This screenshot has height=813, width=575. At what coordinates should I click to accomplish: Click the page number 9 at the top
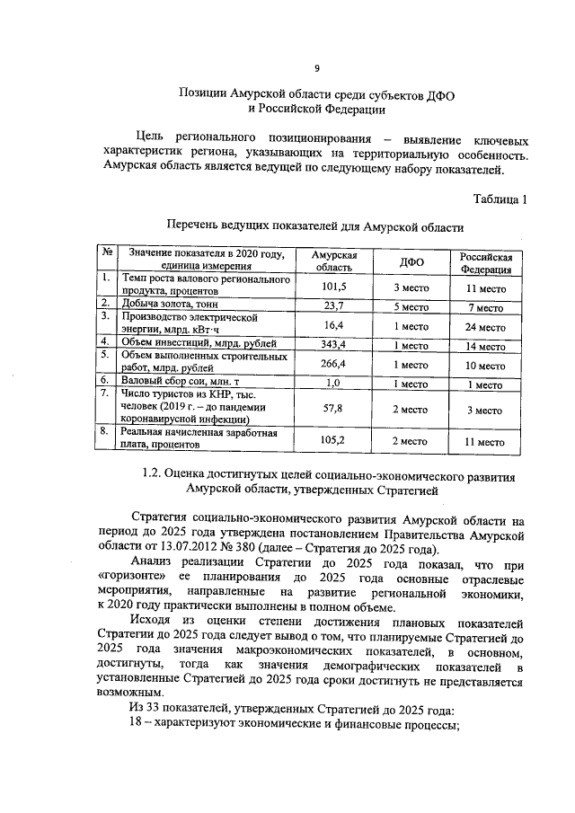[316, 68]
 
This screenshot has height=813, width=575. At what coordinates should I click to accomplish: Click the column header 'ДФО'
[411, 261]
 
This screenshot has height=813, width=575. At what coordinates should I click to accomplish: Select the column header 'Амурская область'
[333, 261]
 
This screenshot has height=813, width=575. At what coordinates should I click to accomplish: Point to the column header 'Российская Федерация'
[486, 261]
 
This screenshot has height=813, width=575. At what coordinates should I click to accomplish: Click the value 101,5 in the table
[333, 287]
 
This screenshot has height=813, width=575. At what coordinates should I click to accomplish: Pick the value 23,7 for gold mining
[333, 306]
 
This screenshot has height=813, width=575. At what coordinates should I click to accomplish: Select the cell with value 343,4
[333, 344]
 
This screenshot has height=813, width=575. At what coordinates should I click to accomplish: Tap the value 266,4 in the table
[333, 364]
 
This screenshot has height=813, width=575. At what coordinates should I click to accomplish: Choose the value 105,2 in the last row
[333, 440]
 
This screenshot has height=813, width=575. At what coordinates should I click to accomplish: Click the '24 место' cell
[486, 325]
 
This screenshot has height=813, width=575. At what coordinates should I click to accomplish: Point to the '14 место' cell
[486, 345]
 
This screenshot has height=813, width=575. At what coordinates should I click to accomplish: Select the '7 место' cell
[486, 307]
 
